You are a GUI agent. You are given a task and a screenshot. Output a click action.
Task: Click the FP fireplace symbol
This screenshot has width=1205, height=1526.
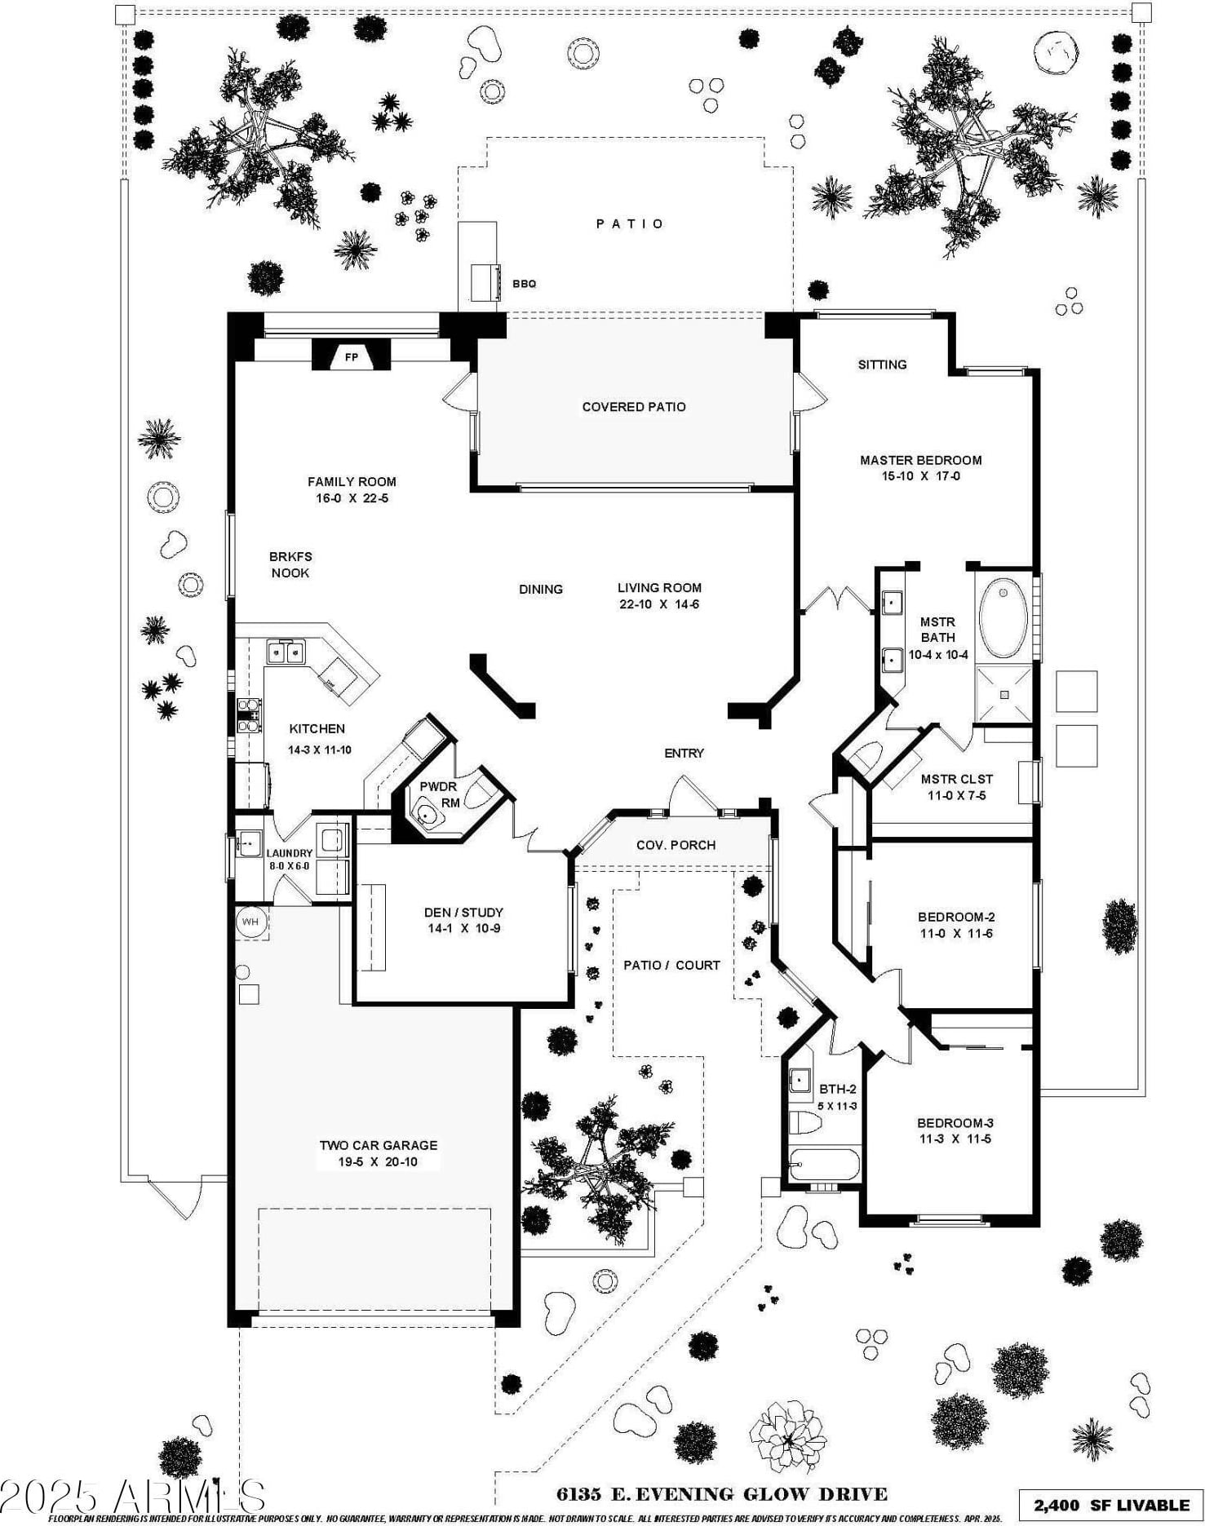click(x=351, y=356)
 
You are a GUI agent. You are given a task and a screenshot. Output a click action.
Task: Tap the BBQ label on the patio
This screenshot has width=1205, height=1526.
click(x=524, y=284)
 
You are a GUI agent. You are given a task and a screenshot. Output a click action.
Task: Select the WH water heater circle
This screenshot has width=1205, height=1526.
click(x=250, y=922)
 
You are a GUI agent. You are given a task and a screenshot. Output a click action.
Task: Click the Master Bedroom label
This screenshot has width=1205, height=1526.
click(x=920, y=460)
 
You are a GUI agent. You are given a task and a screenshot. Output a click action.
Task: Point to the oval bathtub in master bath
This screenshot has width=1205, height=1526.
click(x=1003, y=617)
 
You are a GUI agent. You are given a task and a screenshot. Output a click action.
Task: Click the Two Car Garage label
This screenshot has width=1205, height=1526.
click(x=379, y=1145)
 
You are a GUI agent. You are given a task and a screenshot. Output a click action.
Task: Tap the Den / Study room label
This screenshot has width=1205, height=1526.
click(x=463, y=913)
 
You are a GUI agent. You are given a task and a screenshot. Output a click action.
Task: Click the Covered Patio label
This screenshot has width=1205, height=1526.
click(x=634, y=407)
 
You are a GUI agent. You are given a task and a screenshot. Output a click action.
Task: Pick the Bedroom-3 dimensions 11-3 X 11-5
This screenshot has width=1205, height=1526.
click(x=955, y=1139)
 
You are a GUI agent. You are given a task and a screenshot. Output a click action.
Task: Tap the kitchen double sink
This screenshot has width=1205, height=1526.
click(x=286, y=652)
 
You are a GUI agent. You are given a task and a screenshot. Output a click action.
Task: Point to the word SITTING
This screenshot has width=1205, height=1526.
click(x=882, y=365)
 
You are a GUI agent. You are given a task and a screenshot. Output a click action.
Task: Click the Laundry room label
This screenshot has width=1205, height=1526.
click(x=289, y=854)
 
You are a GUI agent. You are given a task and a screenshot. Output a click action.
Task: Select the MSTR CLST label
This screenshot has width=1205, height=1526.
click(x=956, y=779)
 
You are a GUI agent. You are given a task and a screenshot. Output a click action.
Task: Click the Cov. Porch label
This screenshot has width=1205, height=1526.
click(x=676, y=845)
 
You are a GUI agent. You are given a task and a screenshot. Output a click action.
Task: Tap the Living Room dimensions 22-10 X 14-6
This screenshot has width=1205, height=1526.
click(x=659, y=604)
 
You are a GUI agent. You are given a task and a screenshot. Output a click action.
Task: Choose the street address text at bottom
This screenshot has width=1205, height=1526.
click(x=721, y=1494)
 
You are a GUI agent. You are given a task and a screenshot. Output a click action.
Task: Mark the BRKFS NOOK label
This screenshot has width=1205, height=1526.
click(x=290, y=564)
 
